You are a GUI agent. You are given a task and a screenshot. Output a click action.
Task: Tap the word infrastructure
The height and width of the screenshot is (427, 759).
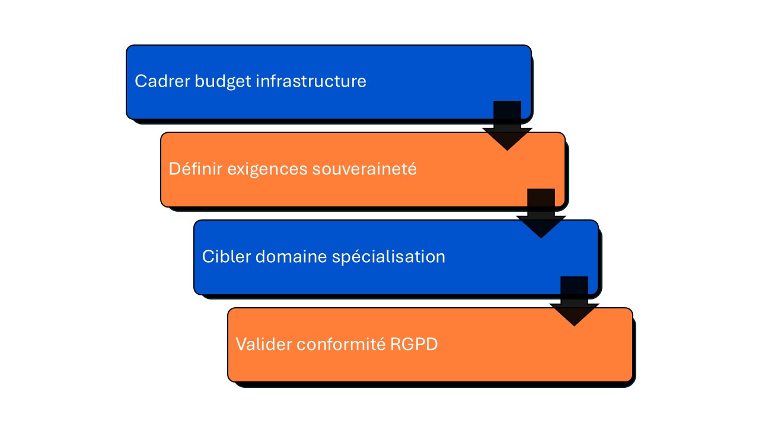tap(311, 81)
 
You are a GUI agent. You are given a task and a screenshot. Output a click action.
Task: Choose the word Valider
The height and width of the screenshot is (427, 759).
tap(259, 345)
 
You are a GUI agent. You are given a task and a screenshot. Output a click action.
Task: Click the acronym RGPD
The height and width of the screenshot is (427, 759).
tap(414, 345)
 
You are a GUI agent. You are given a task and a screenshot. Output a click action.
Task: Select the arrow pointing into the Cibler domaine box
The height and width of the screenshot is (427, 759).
tap(541, 214)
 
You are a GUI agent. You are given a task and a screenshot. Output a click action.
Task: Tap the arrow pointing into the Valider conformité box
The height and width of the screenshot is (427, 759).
tap(574, 302)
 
